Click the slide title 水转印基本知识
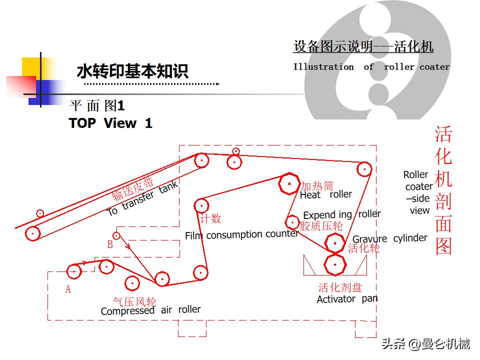click(x=132, y=71)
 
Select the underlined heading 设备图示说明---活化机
click(x=363, y=47)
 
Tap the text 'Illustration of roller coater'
click(x=371, y=66)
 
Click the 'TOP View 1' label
click(x=110, y=123)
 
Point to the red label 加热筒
click(x=317, y=186)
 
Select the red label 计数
click(x=210, y=218)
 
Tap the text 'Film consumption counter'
click(x=241, y=234)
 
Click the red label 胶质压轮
click(x=321, y=226)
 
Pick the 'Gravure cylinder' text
click(x=390, y=238)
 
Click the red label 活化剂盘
click(x=340, y=287)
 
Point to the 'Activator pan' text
click(x=347, y=299)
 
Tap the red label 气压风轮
click(x=134, y=301)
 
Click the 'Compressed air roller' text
click(x=150, y=310)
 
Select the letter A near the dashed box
click(x=68, y=289)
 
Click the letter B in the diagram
click(x=110, y=245)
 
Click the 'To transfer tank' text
click(x=142, y=199)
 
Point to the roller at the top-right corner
click(x=364, y=169)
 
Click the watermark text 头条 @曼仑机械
click(x=425, y=344)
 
